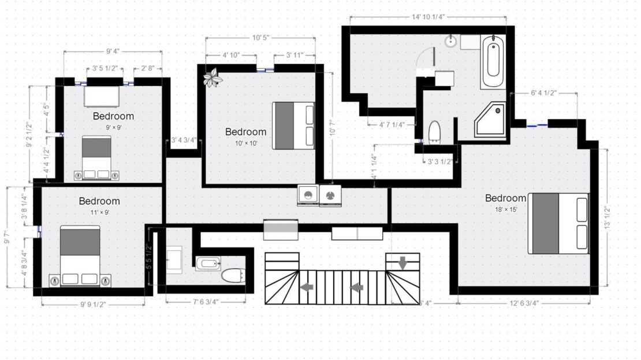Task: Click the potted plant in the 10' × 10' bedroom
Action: [213, 77]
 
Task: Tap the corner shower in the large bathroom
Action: [490, 120]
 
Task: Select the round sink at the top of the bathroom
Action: [451, 41]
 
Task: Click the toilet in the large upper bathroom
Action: [434, 132]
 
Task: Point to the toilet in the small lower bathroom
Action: [233, 275]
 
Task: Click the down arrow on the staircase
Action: [403, 263]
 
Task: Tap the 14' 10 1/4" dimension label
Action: [428, 17]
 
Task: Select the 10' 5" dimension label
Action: [260, 38]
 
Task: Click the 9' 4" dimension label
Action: [113, 51]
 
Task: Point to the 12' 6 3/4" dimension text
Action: [524, 303]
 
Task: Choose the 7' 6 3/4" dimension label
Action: [206, 302]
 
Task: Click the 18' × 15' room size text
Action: [506, 209]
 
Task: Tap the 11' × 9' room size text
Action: [100, 213]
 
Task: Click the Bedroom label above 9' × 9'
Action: [113, 116]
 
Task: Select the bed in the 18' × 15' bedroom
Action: [558, 224]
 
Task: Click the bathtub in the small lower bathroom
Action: [208, 263]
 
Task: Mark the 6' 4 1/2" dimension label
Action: [544, 93]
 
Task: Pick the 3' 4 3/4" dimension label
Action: [184, 140]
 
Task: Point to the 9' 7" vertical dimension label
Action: [7, 237]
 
